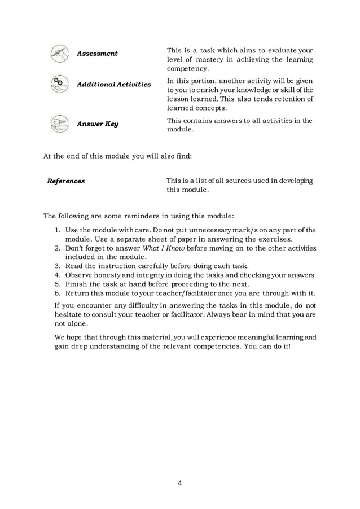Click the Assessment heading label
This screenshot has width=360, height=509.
pyautogui.click(x=97, y=54)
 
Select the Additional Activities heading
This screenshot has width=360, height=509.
pyautogui.click(x=114, y=84)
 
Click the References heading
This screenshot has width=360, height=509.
pyautogui.click(x=66, y=181)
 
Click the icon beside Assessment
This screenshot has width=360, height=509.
pyautogui.click(x=58, y=53)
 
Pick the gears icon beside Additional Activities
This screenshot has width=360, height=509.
pyautogui.click(x=58, y=84)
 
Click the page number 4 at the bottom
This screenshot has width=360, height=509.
pyautogui.click(x=179, y=482)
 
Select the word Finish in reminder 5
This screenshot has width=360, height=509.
pyautogui.click(x=77, y=284)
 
